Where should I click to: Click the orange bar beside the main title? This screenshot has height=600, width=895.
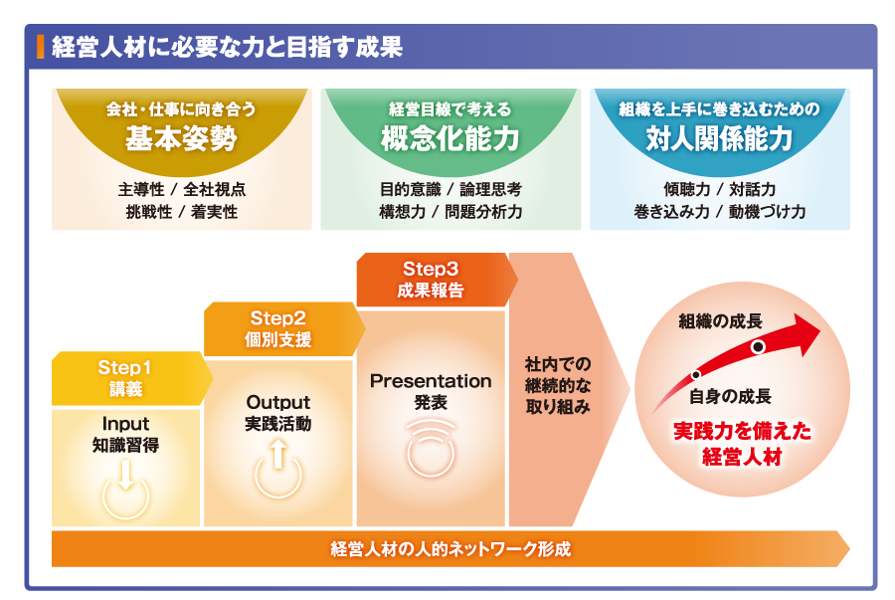[40, 47]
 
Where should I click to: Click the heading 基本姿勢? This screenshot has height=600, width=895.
[182, 138]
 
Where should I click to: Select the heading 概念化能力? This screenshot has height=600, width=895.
[450, 138]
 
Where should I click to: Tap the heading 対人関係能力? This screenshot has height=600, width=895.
[719, 138]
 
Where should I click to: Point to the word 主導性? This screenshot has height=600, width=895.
[141, 189]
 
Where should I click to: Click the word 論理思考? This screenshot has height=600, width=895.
[490, 189]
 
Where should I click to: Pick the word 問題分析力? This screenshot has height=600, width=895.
[483, 212]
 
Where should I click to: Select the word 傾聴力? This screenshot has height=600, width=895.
[686, 189]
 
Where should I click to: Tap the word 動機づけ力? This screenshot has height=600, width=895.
[767, 212]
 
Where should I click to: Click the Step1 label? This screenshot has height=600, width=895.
[124, 367]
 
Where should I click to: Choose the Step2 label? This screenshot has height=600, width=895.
[278, 318]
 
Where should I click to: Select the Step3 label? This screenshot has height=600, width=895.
[431, 269]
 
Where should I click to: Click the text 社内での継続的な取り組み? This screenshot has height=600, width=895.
[558, 385]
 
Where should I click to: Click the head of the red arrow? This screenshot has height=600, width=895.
[805, 334]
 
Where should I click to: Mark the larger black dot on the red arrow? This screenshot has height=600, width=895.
[758, 346]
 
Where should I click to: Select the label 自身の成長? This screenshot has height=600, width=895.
[730, 396]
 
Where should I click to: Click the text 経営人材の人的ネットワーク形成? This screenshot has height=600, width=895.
[450, 549]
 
